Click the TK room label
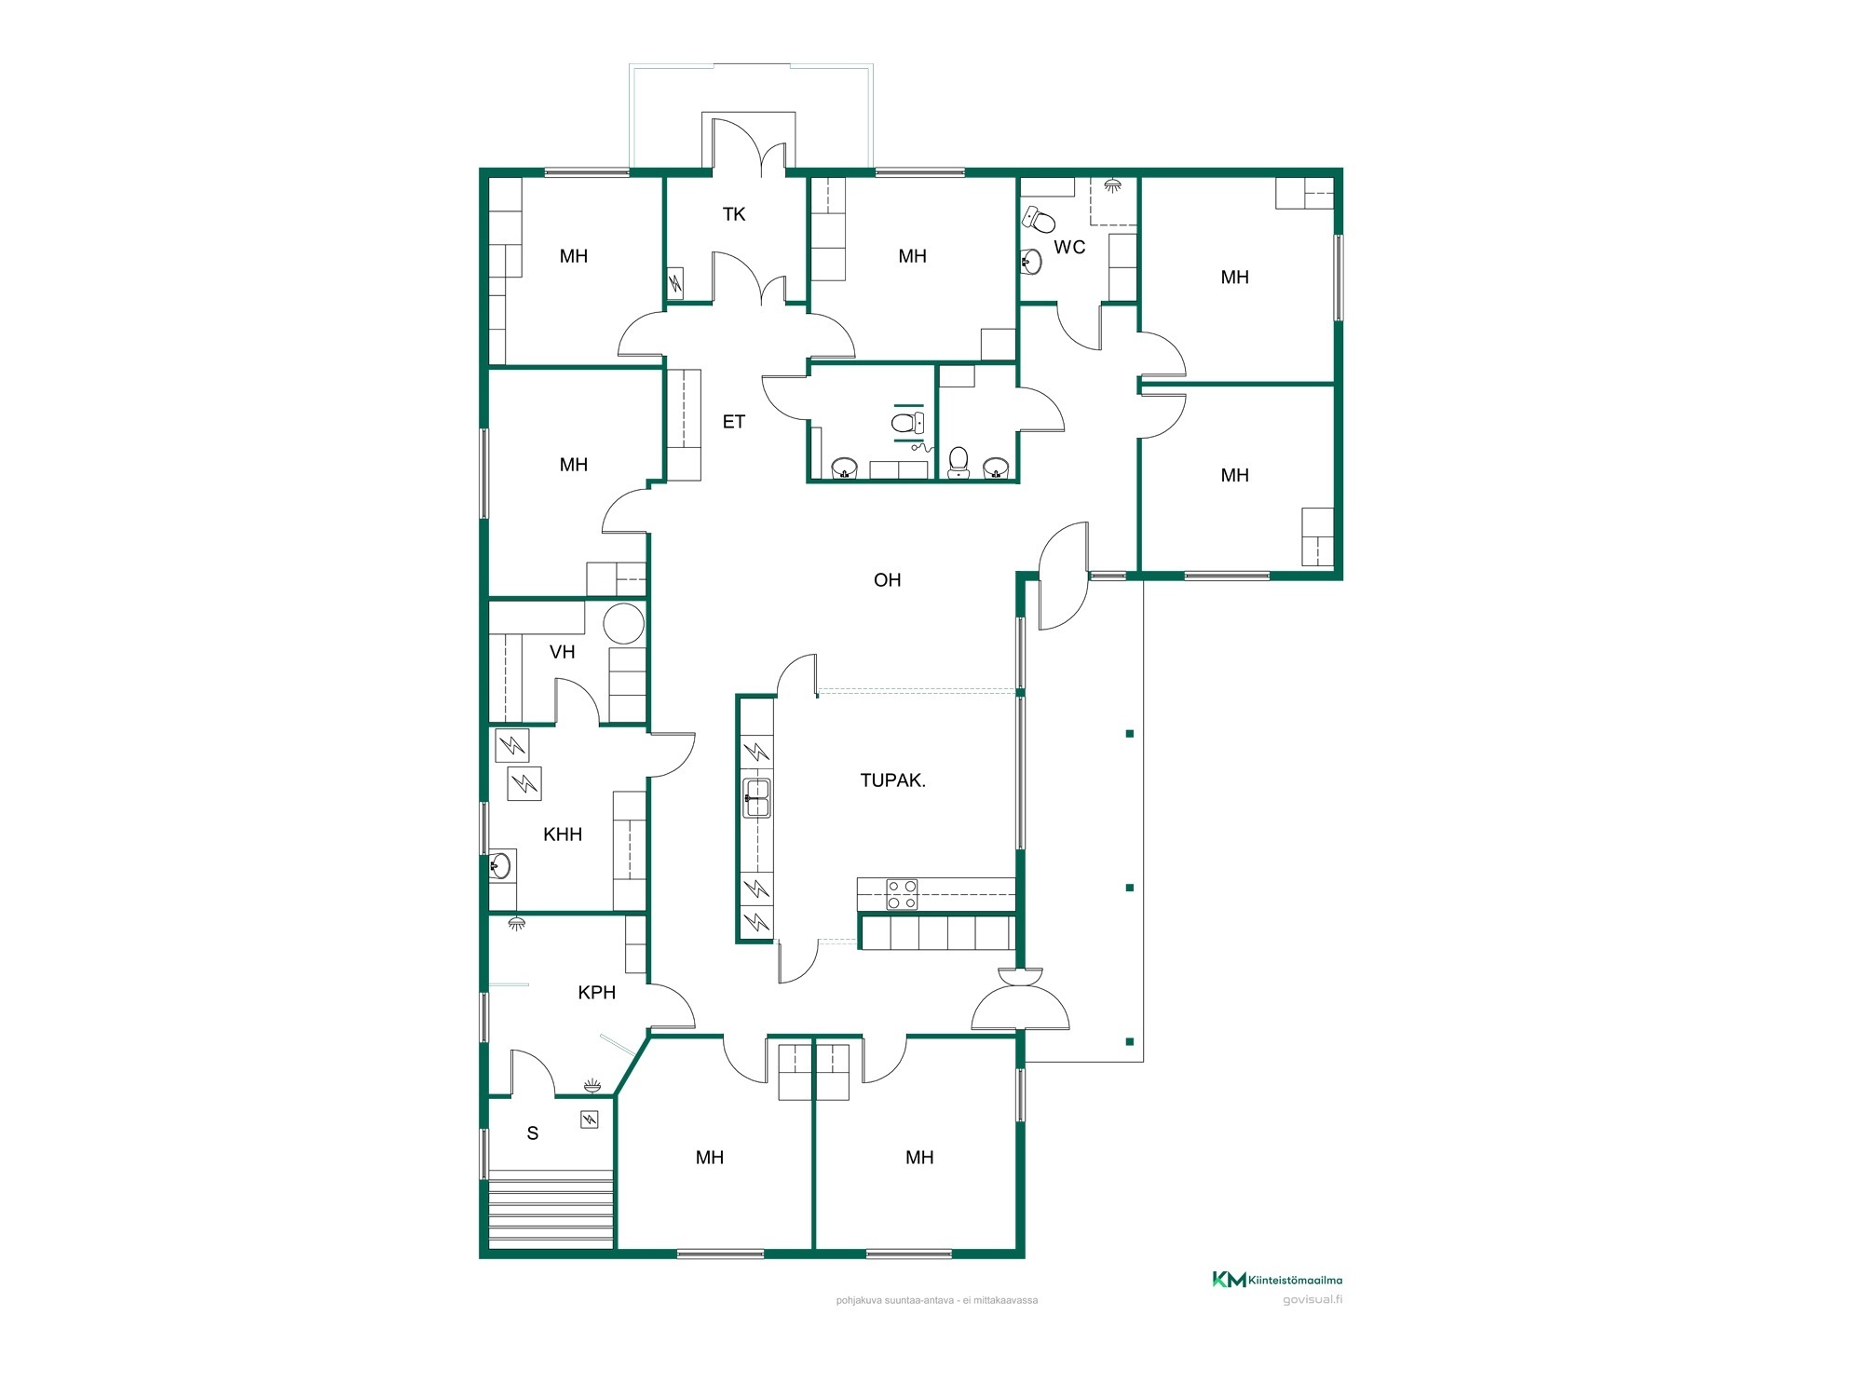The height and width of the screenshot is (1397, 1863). [734, 214]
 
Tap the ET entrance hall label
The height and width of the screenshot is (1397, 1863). [734, 422]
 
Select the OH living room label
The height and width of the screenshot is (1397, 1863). [888, 580]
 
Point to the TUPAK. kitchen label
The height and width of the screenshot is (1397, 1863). [893, 780]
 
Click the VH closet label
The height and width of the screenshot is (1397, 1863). [563, 652]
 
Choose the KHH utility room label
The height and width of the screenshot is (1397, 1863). [563, 834]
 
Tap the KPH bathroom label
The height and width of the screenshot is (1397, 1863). [597, 993]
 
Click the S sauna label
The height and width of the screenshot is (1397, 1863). [533, 1133]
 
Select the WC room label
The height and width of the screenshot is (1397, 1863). [1069, 248]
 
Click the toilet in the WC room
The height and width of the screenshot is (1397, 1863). [1039, 220]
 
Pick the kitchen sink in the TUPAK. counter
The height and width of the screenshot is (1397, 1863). [757, 798]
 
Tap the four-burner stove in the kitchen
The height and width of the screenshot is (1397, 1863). [902, 894]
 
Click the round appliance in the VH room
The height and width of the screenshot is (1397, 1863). [623, 623]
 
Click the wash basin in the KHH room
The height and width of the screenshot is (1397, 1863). [500, 866]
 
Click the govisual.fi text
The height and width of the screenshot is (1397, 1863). [1312, 1300]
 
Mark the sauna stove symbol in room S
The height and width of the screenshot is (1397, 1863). [590, 1119]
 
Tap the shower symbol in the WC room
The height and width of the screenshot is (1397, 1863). [1112, 185]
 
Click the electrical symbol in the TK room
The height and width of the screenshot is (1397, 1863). [675, 282]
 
